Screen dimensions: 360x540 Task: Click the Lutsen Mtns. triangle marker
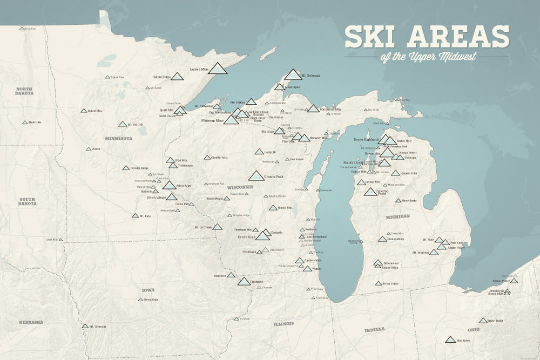tap(218, 68)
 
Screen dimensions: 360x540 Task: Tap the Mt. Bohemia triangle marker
tap(293, 75)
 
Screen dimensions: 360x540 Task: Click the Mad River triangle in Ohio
tap(450, 340)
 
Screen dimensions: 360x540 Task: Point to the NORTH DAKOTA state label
tap(24, 91)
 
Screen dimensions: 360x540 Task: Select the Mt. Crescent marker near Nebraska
tap(85, 326)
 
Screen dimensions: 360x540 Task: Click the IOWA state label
tap(148, 290)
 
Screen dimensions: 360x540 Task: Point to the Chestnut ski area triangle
tap(244, 282)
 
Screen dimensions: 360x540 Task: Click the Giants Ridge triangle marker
tap(177, 77)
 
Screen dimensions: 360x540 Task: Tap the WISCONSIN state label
tap(240, 186)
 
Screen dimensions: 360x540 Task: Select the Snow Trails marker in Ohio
tap(483, 321)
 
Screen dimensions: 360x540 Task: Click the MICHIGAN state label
tap(397, 216)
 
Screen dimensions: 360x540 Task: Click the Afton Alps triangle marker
tap(169, 186)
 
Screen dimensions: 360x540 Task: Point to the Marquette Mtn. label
tap(331, 108)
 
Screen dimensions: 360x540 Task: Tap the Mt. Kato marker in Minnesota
tap(135, 216)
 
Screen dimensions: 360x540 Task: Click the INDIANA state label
tap(374, 329)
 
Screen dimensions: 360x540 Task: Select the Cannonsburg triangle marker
tap(382, 239)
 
